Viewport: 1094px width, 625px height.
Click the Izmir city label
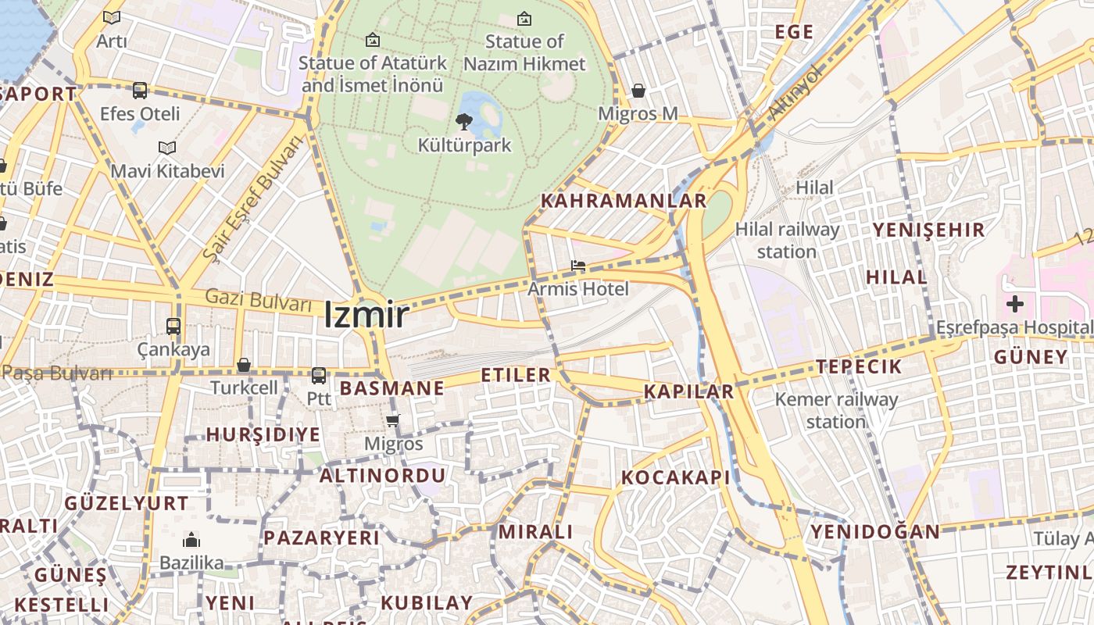coord(366,315)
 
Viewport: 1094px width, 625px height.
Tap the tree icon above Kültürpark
coord(464,121)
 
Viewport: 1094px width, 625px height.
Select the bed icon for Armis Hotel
coord(578,266)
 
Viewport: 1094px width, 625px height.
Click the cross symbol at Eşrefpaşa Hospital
coord(1014,304)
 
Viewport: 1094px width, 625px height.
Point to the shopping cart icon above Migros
coord(392,420)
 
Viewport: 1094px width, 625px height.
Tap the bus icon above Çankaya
coord(173,327)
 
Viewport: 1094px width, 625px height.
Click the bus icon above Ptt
coord(319,376)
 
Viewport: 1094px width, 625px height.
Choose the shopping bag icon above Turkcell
coord(244,365)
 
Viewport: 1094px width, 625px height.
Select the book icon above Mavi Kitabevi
coord(167,147)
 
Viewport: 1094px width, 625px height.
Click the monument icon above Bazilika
coord(191,540)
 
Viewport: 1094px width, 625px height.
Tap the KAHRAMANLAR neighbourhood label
coord(624,201)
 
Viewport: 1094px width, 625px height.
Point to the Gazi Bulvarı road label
coord(258,299)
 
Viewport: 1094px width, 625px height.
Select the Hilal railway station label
coord(787,241)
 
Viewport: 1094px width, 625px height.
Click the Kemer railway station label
coord(836,411)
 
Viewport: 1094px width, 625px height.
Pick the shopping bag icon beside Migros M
coord(638,91)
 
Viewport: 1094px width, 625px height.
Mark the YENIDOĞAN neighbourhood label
coord(875,532)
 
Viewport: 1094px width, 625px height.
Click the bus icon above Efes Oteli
coord(140,91)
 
